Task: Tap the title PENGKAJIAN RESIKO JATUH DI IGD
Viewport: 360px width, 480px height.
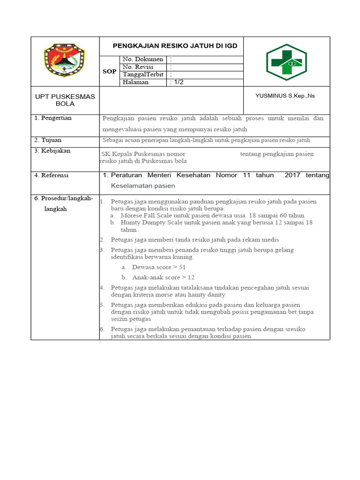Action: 175,46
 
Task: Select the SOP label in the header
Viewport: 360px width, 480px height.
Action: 109,71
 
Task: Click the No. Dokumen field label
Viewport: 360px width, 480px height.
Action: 142,60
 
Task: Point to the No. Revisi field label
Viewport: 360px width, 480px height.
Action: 138,67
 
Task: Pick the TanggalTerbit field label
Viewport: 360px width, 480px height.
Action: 143,75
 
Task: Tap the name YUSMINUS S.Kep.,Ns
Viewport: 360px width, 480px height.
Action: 285,96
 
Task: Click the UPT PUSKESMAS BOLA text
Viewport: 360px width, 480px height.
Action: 65,100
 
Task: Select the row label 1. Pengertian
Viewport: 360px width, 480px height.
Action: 53,118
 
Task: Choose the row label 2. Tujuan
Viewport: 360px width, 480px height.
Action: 48,140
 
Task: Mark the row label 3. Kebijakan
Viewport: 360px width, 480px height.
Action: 52,150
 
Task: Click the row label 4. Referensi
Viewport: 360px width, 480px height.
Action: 52,175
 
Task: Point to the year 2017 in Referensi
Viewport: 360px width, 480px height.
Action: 292,175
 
